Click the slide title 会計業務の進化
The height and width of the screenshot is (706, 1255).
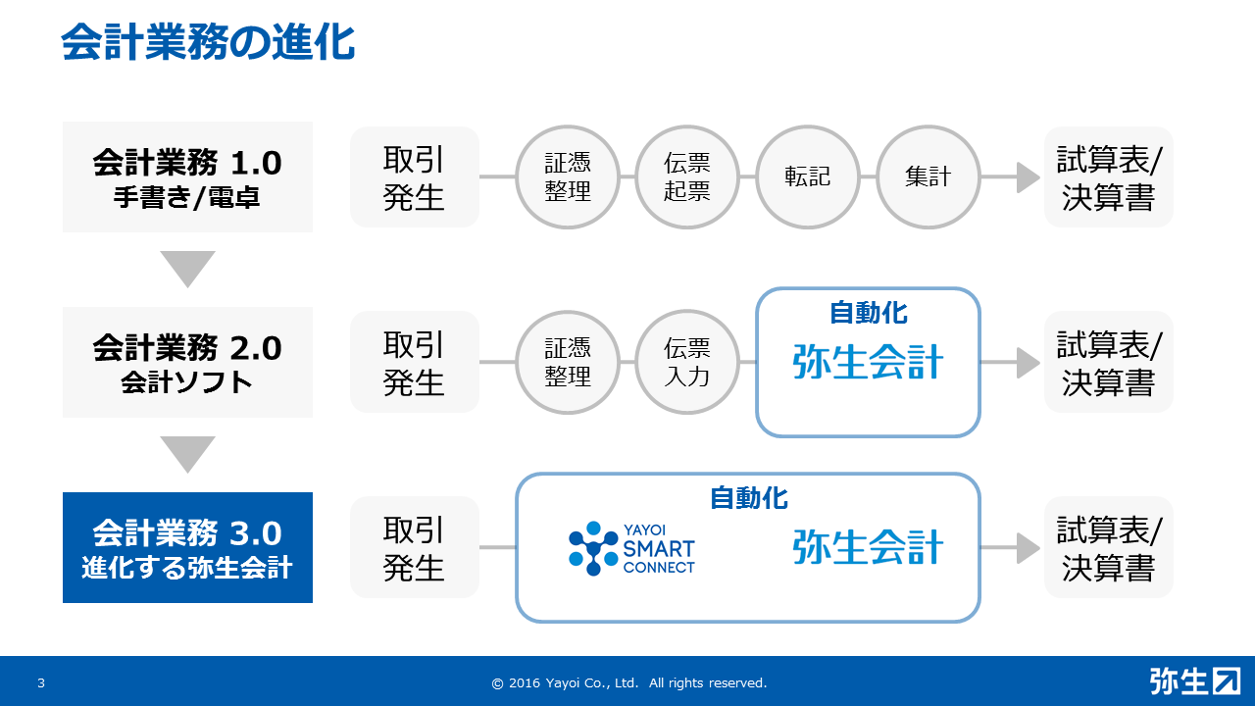[208, 42]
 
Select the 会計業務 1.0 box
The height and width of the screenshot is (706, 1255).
[187, 177]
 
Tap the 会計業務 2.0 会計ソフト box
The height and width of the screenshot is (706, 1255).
[187, 362]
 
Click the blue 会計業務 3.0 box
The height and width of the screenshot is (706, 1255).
[187, 547]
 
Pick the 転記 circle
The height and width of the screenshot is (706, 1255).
[807, 177]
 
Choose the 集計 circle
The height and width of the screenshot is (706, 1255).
[928, 177]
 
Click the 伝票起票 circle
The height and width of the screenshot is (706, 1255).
[687, 177]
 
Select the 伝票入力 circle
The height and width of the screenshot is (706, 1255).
[687, 362]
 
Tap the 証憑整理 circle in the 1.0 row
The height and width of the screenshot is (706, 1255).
[568, 177]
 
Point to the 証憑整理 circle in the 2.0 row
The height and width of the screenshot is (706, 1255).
[568, 362]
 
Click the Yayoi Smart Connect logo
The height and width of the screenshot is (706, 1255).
[631, 548]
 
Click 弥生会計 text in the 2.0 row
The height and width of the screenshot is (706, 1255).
[868, 362]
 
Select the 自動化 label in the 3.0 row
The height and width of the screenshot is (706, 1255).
[748, 498]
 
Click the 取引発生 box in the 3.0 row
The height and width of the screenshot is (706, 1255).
[415, 547]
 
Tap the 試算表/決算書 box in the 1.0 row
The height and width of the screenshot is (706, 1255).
[1109, 177]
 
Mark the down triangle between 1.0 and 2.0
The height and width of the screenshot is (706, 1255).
[187, 269]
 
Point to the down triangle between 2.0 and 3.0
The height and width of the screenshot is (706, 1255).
[187, 454]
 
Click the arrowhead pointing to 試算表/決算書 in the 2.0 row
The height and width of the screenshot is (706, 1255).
[1029, 363]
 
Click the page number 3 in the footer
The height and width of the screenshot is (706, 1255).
[41, 682]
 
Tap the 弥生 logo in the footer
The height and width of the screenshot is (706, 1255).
[1194, 681]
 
